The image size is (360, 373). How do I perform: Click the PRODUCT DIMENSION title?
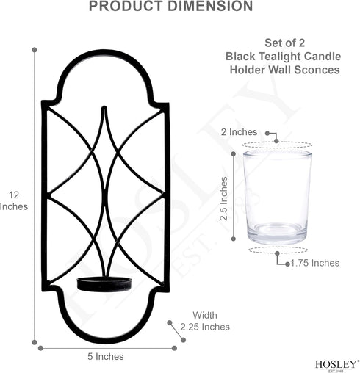coord(170,6)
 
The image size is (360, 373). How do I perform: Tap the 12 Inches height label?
coord(14,200)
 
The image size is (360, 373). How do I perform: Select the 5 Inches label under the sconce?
coord(106,356)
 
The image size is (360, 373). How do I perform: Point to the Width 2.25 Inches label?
coord(205,321)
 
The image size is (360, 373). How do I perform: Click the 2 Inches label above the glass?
coord(239,132)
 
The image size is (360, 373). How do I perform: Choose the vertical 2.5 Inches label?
coord(224,198)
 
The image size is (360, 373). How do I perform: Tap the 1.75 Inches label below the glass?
coord(315,263)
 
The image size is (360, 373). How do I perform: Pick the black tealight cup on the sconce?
coord(104,284)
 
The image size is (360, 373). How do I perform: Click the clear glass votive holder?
coord(277,198)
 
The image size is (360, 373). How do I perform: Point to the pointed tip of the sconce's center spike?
coord(104,107)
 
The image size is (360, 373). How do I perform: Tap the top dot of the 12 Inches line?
coord(35,50)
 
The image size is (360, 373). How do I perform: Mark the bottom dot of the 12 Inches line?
coord(35,342)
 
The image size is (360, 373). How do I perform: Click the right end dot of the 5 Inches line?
coord(174,348)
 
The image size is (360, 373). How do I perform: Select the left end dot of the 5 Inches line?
coord(40,348)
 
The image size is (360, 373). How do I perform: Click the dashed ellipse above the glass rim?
coord(277,142)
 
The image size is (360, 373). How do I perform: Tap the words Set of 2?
coord(285,43)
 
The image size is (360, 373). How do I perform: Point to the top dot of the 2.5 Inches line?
coord(234,154)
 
